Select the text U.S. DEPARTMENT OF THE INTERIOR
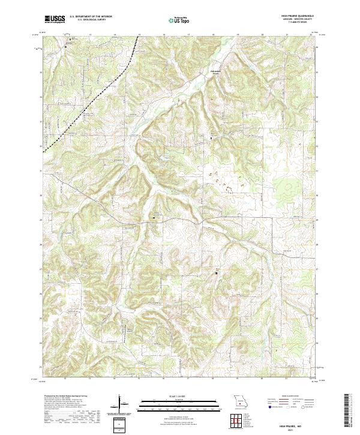[x=91, y=17]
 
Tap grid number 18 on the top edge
[x=213, y=35]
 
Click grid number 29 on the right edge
[x=317, y=220]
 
